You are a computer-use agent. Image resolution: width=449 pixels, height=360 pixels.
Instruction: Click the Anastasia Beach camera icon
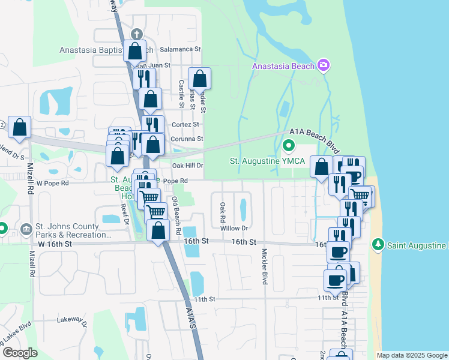324,65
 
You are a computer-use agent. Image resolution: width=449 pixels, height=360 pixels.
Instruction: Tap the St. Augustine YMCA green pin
289,145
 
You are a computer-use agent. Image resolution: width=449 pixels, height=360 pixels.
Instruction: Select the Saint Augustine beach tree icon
378,244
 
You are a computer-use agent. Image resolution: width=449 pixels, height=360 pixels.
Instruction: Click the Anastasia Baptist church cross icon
136,35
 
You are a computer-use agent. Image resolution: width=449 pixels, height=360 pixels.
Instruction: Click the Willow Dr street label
234,228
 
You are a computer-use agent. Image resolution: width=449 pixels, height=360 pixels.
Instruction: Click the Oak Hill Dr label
188,165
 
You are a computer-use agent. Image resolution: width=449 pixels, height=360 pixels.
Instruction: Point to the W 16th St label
55,244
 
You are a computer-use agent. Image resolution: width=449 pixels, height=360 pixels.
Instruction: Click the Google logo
20,353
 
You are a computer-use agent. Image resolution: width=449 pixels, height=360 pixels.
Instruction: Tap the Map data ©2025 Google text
411,355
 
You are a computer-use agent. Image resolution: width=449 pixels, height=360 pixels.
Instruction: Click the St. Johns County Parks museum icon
26,229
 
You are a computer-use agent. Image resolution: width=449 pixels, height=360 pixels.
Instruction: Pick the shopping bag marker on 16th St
158,231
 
